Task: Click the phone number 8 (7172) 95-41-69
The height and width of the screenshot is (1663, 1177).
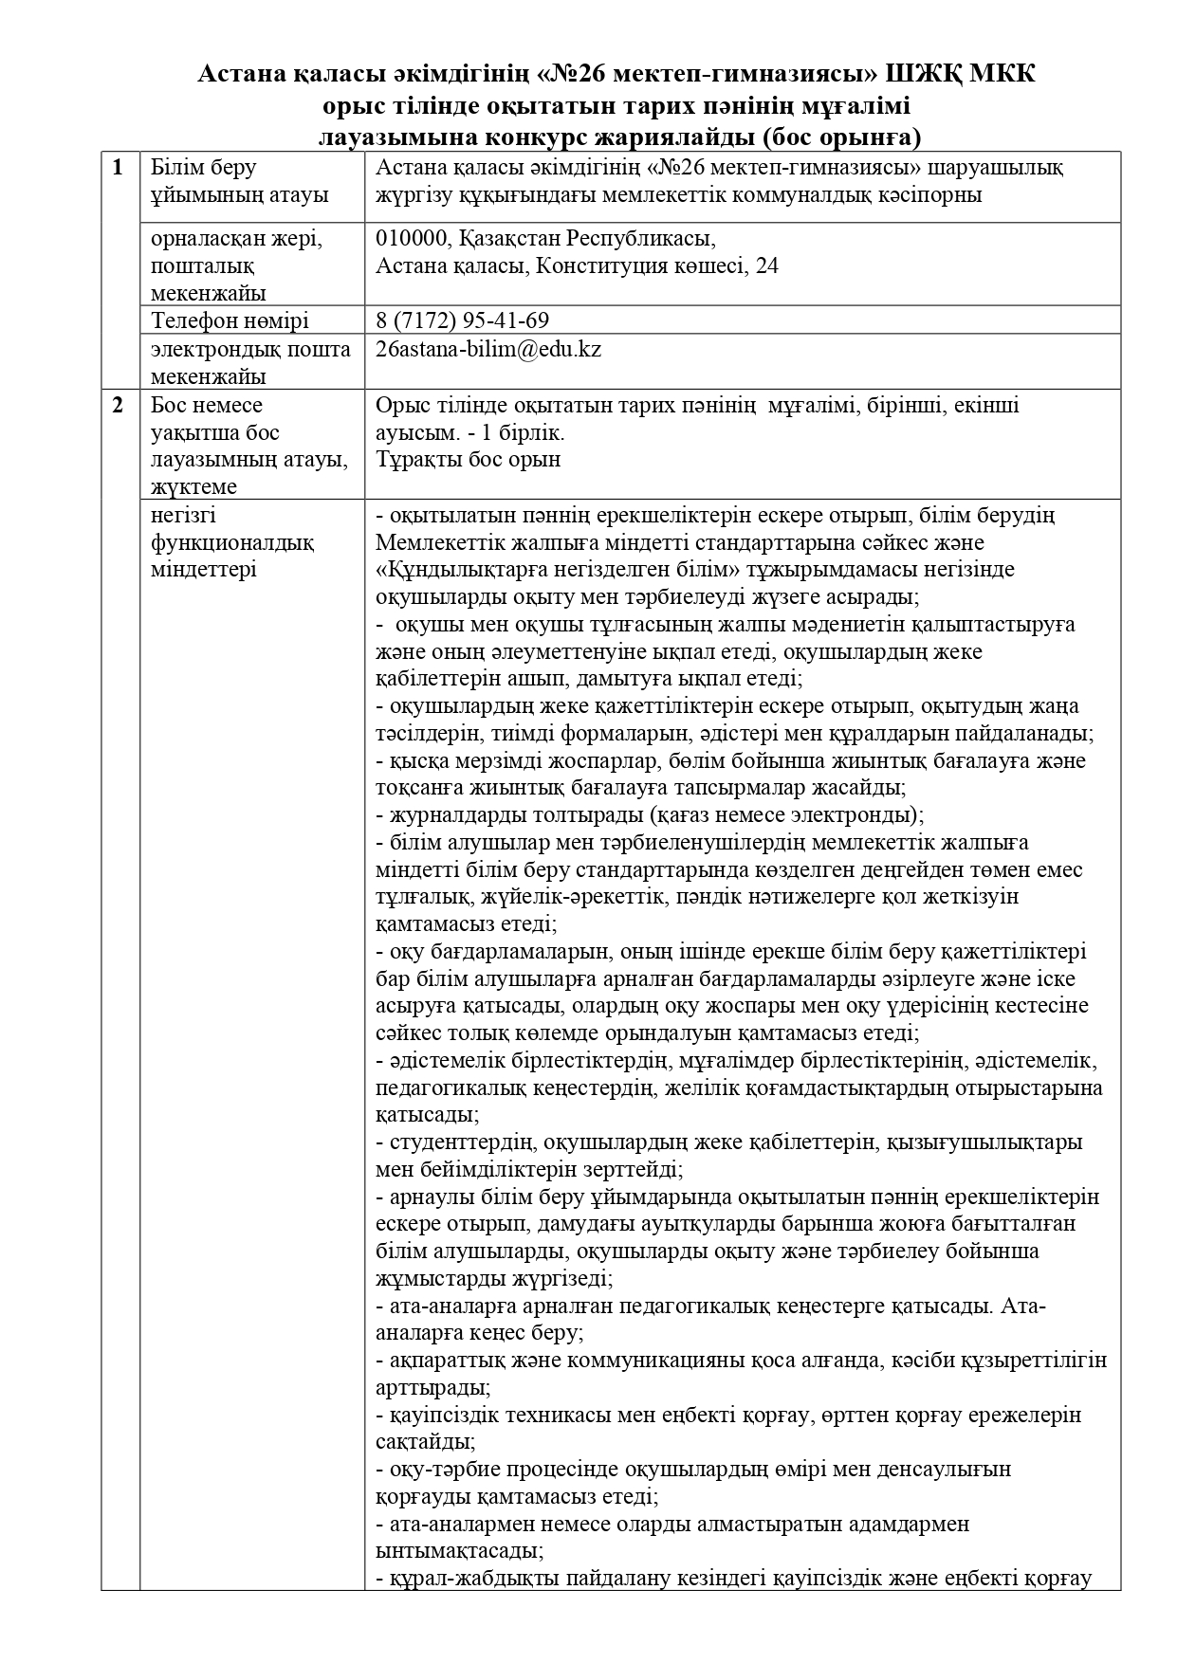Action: click(462, 320)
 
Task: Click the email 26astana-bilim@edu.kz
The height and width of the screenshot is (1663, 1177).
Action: click(488, 349)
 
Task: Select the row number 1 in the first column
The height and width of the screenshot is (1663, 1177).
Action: click(118, 168)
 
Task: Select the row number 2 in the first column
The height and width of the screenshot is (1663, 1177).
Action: click(118, 405)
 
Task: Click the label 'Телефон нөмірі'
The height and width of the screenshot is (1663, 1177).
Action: click(230, 320)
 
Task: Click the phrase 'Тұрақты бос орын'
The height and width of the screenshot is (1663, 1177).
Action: click(468, 460)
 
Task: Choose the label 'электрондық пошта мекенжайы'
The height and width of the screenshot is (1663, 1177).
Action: click(250, 362)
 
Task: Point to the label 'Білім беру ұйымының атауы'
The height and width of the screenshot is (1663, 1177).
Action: click(240, 181)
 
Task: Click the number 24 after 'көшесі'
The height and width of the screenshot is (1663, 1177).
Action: click(767, 265)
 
